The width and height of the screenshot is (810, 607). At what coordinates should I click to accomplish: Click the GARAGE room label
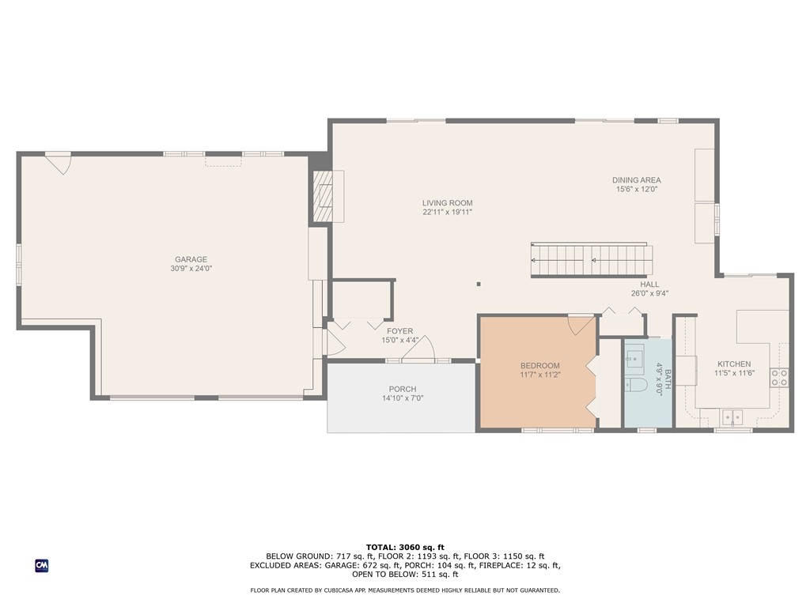[191, 259]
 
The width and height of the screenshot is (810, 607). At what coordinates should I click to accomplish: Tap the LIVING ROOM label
[447, 203]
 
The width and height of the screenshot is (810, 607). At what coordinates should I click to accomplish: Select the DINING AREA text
[636, 180]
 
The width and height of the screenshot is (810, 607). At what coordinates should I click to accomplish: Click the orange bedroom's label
[539, 366]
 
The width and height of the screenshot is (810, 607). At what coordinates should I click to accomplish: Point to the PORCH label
[402, 389]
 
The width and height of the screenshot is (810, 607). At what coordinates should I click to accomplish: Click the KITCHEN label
[733, 364]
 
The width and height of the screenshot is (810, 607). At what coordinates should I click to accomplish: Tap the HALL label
[649, 285]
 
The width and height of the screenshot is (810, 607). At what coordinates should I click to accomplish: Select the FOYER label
[399, 331]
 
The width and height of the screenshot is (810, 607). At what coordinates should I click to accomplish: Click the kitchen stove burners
[779, 377]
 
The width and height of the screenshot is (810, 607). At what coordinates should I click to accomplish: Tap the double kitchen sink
[732, 416]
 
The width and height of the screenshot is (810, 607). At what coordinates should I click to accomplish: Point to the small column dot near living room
[479, 285]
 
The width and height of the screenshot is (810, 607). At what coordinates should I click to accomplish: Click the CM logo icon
[42, 565]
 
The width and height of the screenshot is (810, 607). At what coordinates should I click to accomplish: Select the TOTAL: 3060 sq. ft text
[405, 547]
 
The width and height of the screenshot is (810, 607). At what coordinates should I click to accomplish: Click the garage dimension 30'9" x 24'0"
[191, 269]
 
